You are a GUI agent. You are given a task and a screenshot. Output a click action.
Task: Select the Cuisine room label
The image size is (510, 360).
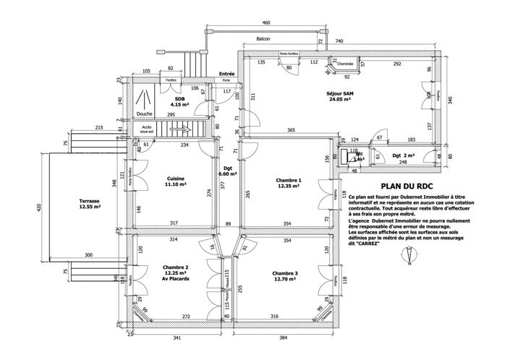coord(176,181)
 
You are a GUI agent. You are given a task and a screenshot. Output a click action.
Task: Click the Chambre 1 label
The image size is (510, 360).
coord(289,184)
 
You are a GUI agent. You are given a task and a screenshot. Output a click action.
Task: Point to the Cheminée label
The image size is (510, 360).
coord(345,64)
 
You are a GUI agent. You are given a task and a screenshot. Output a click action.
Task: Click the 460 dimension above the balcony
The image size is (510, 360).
coord(265,23)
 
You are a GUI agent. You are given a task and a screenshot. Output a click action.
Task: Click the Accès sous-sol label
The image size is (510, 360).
coord(146,130)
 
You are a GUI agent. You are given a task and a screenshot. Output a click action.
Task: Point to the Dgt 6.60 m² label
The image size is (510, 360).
coord(229,171)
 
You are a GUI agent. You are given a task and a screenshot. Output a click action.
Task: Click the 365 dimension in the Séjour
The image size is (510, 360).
coord(291,129)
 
